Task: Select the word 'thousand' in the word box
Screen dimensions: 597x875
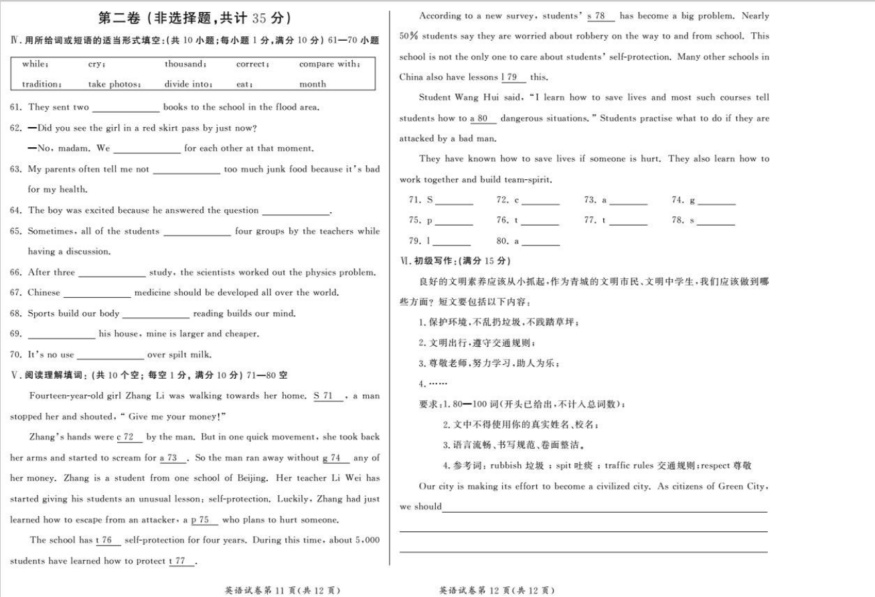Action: click(185, 64)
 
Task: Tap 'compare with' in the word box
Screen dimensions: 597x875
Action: click(329, 64)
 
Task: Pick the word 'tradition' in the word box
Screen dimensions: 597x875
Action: click(42, 84)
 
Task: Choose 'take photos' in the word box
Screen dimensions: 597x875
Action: click(114, 84)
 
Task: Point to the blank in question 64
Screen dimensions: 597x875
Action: click(296, 211)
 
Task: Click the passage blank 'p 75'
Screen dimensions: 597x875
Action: click(200, 520)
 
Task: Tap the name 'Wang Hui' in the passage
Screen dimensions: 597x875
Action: click(472, 98)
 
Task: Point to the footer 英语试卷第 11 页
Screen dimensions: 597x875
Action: click(285, 590)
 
